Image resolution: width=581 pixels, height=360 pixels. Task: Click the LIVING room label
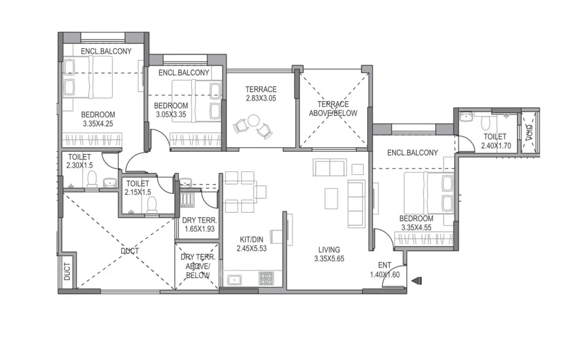point(329,250)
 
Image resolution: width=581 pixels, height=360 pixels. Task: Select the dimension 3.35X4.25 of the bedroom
point(98,123)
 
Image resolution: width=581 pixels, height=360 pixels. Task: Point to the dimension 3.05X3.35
point(171,114)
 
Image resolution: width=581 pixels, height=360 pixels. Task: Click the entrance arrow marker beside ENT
point(416,281)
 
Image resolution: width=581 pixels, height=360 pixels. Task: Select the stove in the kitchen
point(266,278)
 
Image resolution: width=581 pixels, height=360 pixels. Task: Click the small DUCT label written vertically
point(67,271)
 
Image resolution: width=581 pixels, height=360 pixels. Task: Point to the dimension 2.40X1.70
point(495,146)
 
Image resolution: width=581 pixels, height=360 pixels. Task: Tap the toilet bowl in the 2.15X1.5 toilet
point(152,205)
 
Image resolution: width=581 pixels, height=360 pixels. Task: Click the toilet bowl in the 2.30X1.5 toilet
point(92,180)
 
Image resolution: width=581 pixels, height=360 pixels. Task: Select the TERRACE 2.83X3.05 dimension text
point(261,98)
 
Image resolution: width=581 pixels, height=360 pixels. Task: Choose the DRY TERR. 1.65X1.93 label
point(198,225)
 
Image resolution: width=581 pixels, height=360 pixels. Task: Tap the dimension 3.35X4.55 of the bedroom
point(416,228)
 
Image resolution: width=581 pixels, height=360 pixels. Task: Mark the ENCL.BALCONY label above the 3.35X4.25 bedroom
point(106,51)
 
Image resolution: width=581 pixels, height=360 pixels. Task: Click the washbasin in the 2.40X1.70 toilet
point(465,118)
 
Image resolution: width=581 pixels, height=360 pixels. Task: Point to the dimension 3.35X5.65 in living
point(329,259)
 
